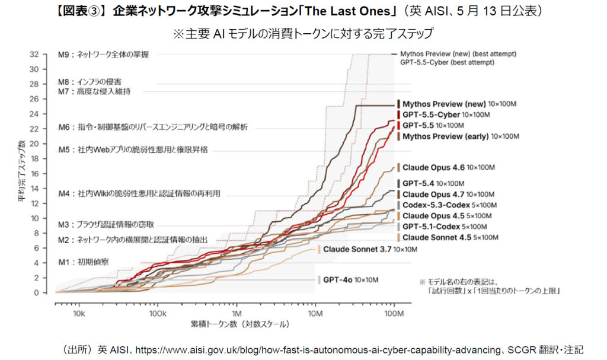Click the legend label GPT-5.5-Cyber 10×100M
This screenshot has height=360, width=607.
446,114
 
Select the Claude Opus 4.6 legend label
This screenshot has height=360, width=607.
449,167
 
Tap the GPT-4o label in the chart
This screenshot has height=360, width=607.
351,280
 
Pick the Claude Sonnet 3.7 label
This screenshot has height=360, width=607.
370,249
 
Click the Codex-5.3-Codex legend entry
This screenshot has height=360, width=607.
449,205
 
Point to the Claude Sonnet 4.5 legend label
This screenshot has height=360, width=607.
451,238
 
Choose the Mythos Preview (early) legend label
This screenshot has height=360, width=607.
461,136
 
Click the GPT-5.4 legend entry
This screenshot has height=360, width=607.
433,184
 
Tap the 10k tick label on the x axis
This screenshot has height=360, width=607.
79,314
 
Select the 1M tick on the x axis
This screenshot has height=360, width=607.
237,314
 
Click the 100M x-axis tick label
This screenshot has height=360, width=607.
394,314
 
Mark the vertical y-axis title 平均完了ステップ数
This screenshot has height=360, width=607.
21,171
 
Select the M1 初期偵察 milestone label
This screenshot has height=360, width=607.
84,262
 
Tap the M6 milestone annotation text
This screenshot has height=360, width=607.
153,127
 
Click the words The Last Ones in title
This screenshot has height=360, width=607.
348,11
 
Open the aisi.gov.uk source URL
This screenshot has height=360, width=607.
318,350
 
